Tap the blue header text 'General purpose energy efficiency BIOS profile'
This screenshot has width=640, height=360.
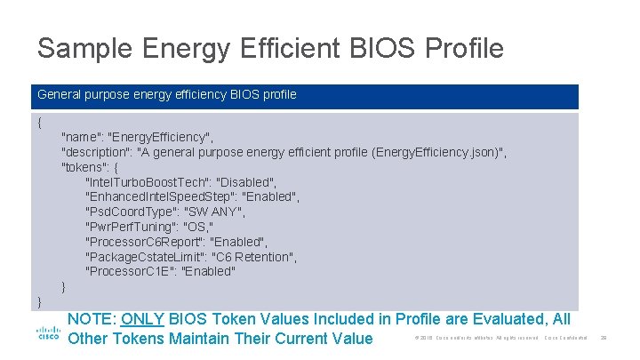click(167, 94)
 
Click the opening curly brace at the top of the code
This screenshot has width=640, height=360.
click(40, 122)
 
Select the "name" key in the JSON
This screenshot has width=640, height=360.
click(81, 137)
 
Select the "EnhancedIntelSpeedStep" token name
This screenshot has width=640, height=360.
click(159, 196)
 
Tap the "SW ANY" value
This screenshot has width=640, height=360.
click(216, 212)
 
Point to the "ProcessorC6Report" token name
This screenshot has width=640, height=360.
click(146, 242)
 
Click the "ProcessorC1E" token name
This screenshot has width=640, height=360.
click(129, 271)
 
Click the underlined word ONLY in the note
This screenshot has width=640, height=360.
click(142, 319)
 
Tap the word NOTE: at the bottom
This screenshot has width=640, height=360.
click(92, 319)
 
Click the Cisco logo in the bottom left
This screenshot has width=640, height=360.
click(48, 334)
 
